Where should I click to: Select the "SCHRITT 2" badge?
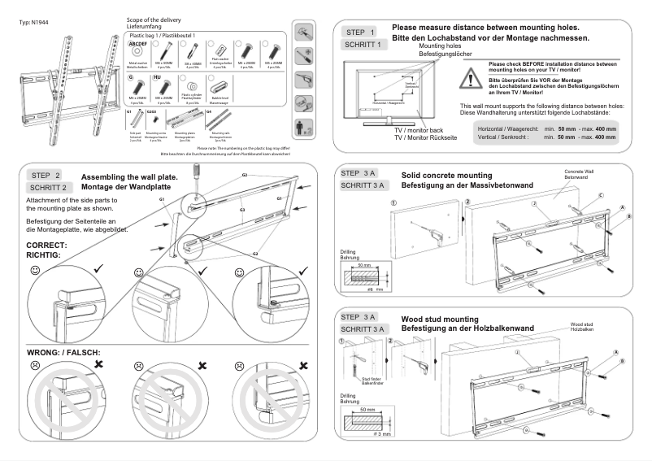tap(46, 187)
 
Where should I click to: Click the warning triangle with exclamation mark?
tap(470, 77)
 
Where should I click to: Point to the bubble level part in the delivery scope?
tap(218, 87)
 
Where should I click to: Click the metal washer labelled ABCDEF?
tap(138, 51)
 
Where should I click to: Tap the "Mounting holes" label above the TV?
tap(438, 47)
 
